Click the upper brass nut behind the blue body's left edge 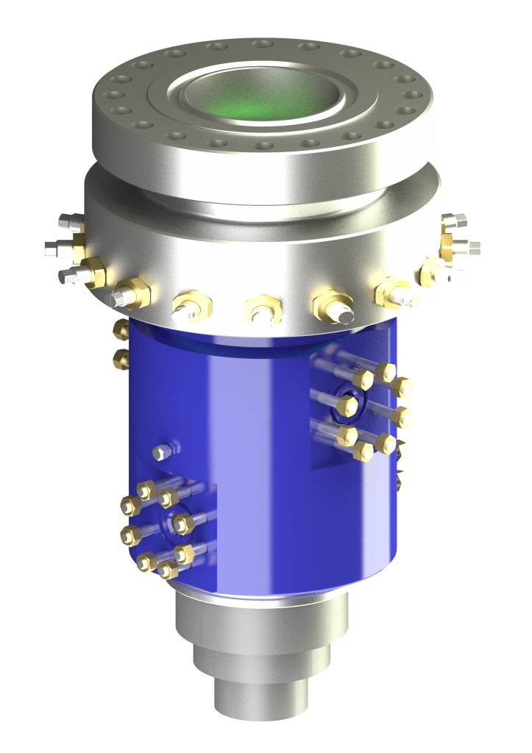[x=121, y=331]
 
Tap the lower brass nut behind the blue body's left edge [x=121, y=359]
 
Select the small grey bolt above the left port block [x=163, y=451]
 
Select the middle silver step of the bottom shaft [x=261, y=662]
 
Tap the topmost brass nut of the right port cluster [x=386, y=372]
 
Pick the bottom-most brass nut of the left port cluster [x=169, y=570]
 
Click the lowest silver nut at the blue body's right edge [x=402, y=482]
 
